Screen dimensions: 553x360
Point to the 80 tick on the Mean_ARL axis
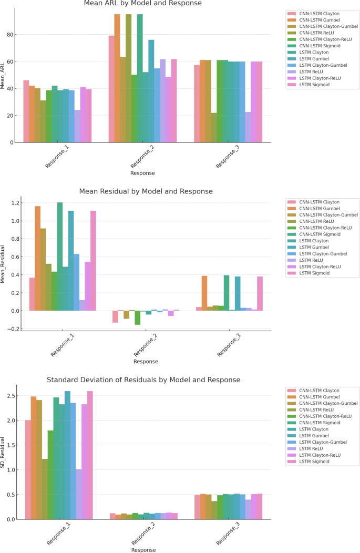pos(13,35)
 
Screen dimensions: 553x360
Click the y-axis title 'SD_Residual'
pos(3,452)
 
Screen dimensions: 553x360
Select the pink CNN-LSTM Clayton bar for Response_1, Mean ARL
pos(26,111)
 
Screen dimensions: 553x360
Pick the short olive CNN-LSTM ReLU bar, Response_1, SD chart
pos(44,489)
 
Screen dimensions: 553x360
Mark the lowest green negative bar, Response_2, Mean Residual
pos(138,318)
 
